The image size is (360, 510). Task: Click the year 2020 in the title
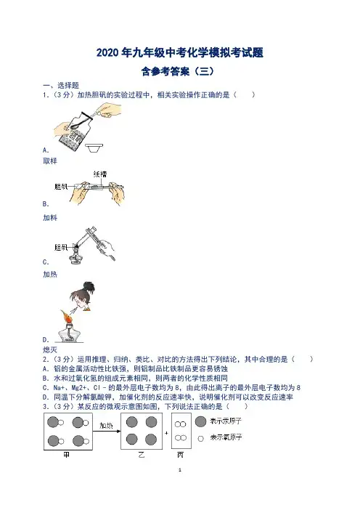click(x=107, y=53)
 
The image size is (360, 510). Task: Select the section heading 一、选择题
click(x=61, y=86)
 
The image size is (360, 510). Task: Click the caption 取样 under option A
click(x=50, y=161)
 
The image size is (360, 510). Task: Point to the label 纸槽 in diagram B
click(x=100, y=174)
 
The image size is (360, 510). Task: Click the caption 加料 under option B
click(x=50, y=218)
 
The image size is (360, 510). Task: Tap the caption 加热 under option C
click(x=50, y=274)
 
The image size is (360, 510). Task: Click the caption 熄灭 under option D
click(x=50, y=349)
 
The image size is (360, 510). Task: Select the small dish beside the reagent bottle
click(x=94, y=148)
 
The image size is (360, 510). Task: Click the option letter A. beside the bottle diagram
click(x=46, y=150)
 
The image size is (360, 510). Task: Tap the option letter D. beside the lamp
click(x=46, y=340)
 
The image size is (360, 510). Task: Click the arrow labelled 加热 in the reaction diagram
click(x=107, y=432)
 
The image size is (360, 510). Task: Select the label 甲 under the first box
click(x=67, y=455)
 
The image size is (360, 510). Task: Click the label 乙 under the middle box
click(x=142, y=455)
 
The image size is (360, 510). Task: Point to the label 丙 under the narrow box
click(x=180, y=455)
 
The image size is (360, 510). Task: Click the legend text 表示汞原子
click(x=226, y=421)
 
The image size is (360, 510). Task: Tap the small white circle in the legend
click(x=201, y=439)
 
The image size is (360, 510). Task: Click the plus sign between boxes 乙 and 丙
click(x=167, y=433)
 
